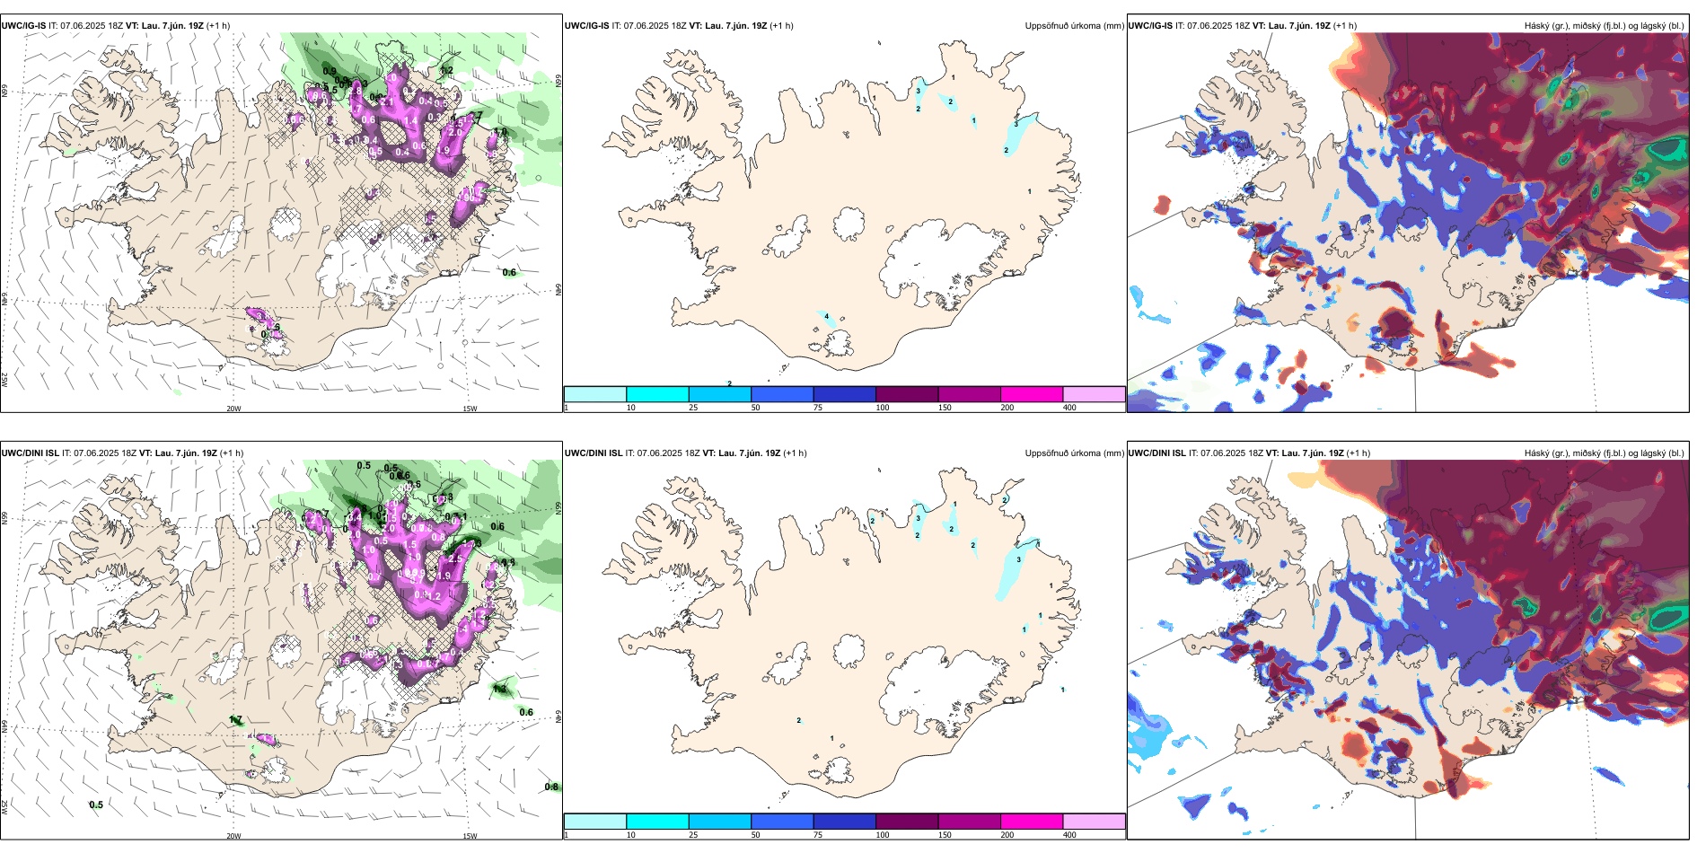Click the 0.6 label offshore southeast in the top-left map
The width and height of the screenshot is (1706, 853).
coord(509,273)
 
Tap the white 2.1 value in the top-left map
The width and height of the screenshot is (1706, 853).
coord(388,102)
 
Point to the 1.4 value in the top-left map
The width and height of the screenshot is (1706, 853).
coord(411,120)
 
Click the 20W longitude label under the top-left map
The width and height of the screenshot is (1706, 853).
coord(233,409)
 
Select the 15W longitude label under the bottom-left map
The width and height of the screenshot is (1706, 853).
coord(470,836)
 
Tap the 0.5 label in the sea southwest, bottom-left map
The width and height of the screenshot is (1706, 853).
coord(96,805)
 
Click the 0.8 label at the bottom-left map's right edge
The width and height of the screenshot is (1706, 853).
coord(551,787)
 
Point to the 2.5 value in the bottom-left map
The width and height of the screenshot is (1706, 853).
coord(455,558)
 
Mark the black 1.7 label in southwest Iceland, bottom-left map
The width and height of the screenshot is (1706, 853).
coord(236,719)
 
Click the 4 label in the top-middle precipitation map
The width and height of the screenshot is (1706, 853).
coord(826,316)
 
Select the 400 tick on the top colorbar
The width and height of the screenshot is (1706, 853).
coord(1069,408)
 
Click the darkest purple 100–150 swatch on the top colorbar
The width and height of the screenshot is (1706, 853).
coord(907,394)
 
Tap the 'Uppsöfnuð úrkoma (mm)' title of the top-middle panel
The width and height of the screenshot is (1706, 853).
coord(1074,26)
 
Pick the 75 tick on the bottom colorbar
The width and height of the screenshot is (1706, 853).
coord(818,835)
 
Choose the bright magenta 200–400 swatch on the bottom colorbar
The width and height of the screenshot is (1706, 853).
coord(1032,822)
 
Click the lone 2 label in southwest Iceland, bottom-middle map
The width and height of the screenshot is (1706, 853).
coord(799,720)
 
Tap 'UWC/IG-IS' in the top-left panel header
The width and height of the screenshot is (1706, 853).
coord(23,26)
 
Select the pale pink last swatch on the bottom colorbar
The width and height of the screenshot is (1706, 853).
coord(1094,822)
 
